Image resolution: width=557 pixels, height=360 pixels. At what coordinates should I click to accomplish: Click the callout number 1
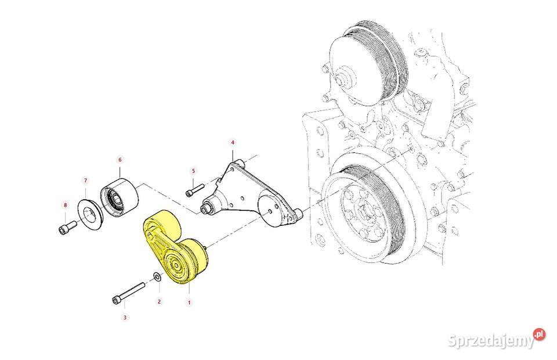pos(189,303)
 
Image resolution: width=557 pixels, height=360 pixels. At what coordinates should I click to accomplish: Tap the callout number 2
pos(159,301)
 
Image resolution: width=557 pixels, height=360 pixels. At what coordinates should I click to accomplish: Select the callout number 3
pos(125,318)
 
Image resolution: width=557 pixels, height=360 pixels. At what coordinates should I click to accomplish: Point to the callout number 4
pos(233,142)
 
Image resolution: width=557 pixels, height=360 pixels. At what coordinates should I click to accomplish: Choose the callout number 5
pos(193,171)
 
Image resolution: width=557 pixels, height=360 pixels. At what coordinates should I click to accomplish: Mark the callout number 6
pos(120,160)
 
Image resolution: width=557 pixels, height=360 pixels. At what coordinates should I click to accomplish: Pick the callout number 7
pos(85,181)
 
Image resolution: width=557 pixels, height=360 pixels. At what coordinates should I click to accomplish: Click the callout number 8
pos(65,205)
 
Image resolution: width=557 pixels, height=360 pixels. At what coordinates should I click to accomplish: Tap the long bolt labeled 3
pos(129,293)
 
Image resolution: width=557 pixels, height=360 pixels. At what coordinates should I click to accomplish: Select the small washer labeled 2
pos(157,276)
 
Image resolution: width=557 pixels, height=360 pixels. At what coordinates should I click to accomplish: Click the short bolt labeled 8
pos(67,227)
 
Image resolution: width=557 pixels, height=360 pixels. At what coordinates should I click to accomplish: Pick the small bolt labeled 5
pos(194,189)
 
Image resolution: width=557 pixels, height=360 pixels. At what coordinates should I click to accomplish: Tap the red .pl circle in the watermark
pos(539,334)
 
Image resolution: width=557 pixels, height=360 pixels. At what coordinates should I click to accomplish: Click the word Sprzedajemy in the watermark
pos(491,341)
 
